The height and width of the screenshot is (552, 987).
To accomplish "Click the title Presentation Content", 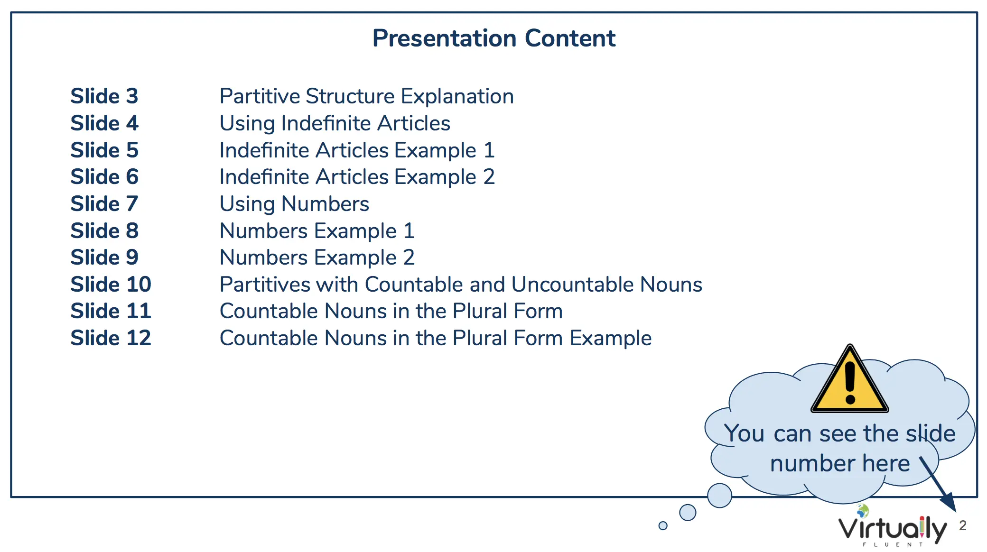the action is coord(493,38).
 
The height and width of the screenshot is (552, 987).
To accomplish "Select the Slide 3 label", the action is coord(104,96).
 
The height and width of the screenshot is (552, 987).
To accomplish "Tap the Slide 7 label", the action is coord(104,204).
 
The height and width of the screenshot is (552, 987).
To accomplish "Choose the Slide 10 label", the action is coord(111,285).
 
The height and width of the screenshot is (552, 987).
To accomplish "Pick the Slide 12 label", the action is coord(111,338).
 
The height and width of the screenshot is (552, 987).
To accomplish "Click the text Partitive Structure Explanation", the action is coord(367,97).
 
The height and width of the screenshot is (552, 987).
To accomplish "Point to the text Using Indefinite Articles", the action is coord(335,124).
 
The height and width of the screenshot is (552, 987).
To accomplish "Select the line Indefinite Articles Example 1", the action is coord(357,150).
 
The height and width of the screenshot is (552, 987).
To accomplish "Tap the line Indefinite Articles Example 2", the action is coord(357,177).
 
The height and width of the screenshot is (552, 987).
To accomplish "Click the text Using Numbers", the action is coord(295,204).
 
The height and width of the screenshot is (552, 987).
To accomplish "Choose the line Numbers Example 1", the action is coord(317,231).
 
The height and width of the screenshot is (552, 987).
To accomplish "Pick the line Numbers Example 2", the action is coord(317,258).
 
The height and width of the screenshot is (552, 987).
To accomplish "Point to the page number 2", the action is coord(963,525).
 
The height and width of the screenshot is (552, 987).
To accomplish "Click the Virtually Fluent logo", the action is coord(892,526).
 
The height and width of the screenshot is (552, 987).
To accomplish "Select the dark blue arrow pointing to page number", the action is coord(938,484).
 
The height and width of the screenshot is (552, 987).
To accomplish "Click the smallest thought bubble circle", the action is coord(663,525).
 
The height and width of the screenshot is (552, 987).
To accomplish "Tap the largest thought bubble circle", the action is coord(719,496).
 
